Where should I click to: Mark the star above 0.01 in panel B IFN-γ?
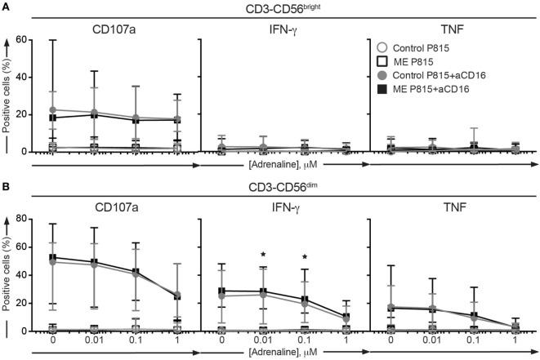click(x=263, y=255)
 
